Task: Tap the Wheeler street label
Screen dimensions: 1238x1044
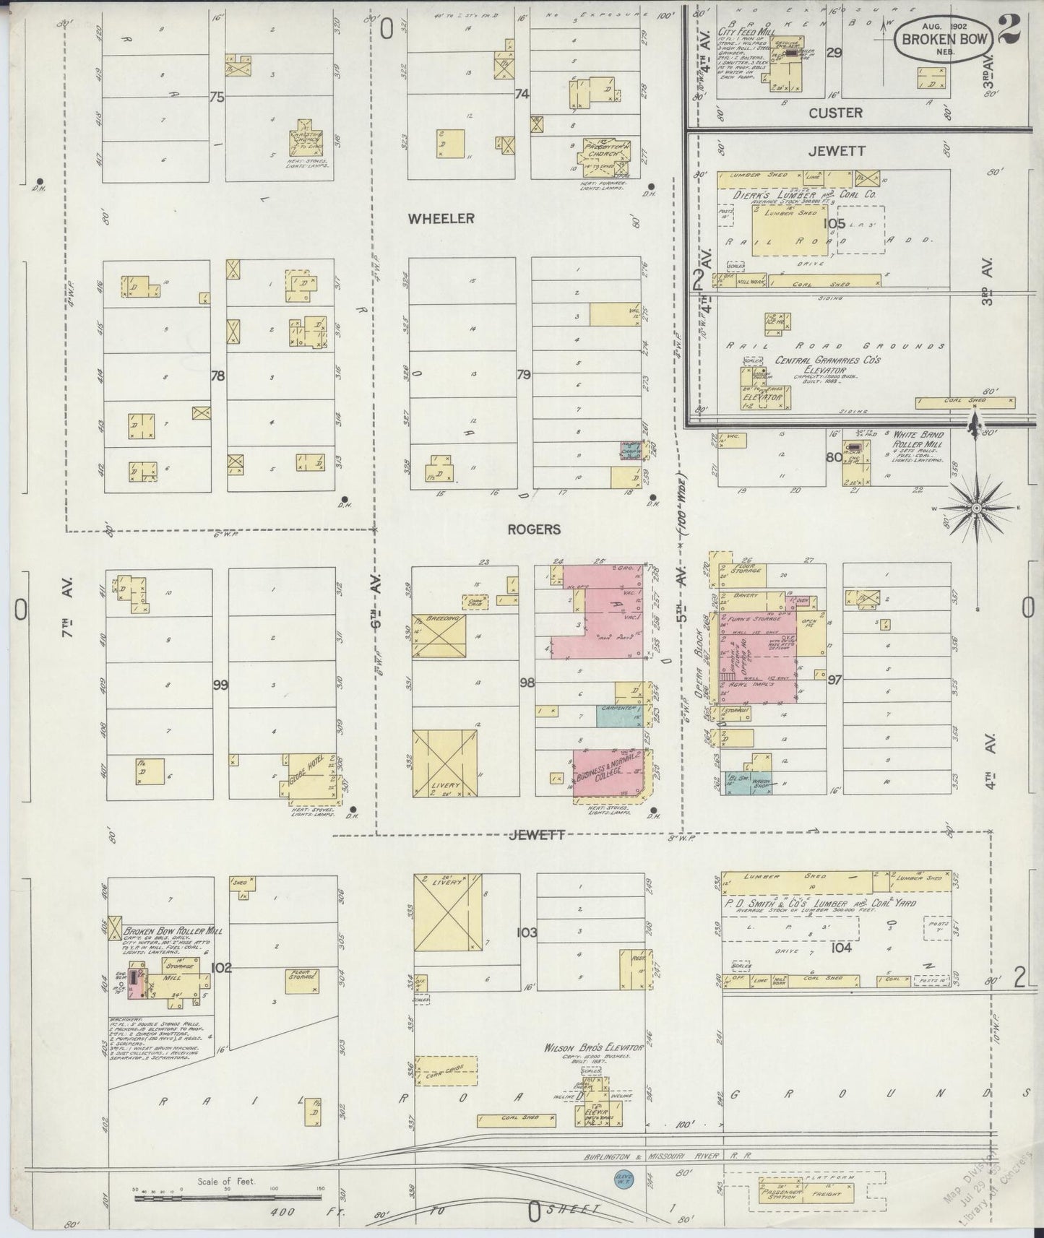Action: point(441,218)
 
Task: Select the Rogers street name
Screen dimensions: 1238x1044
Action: point(533,529)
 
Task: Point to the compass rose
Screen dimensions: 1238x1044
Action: point(976,508)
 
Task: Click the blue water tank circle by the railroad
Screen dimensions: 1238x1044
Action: point(623,1178)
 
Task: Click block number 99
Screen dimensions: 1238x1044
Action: point(220,684)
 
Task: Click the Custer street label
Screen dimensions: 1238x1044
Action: point(835,113)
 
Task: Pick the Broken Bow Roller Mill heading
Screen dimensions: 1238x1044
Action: point(173,931)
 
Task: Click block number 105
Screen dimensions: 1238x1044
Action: point(834,224)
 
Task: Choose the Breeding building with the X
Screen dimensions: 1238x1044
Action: point(439,636)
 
